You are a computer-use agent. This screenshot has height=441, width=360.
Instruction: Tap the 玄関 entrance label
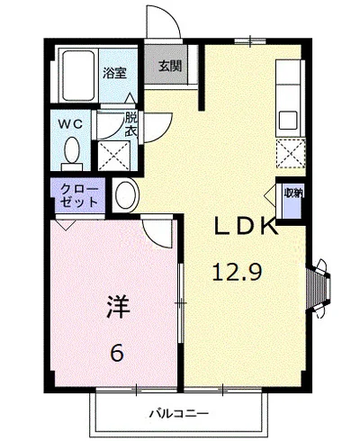[168, 66]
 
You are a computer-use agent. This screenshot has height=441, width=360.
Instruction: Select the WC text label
[72, 121]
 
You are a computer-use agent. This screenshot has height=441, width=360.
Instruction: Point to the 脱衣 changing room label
[131, 122]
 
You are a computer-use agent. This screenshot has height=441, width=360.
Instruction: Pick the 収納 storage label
[292, 193]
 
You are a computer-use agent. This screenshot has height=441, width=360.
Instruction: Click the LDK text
[244, 228]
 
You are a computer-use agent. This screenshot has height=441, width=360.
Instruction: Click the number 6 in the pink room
[117, 353]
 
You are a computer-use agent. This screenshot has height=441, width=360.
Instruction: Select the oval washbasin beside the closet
[124, 194]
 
